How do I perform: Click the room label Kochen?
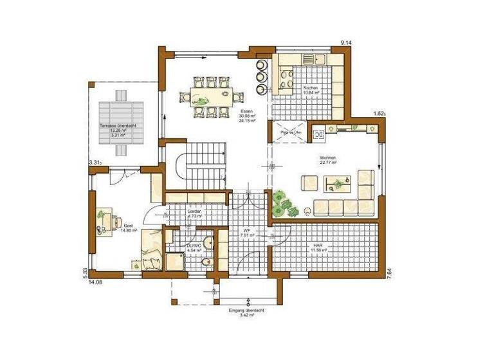pos(311,88)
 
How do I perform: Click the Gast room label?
pos(128,226)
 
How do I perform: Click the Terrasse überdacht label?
pos(117,125)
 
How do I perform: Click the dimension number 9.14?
pos(346,42)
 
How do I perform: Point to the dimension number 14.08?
pos(95,282)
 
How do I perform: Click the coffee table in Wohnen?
pos(336,185)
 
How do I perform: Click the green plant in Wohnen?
pos(281,203)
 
